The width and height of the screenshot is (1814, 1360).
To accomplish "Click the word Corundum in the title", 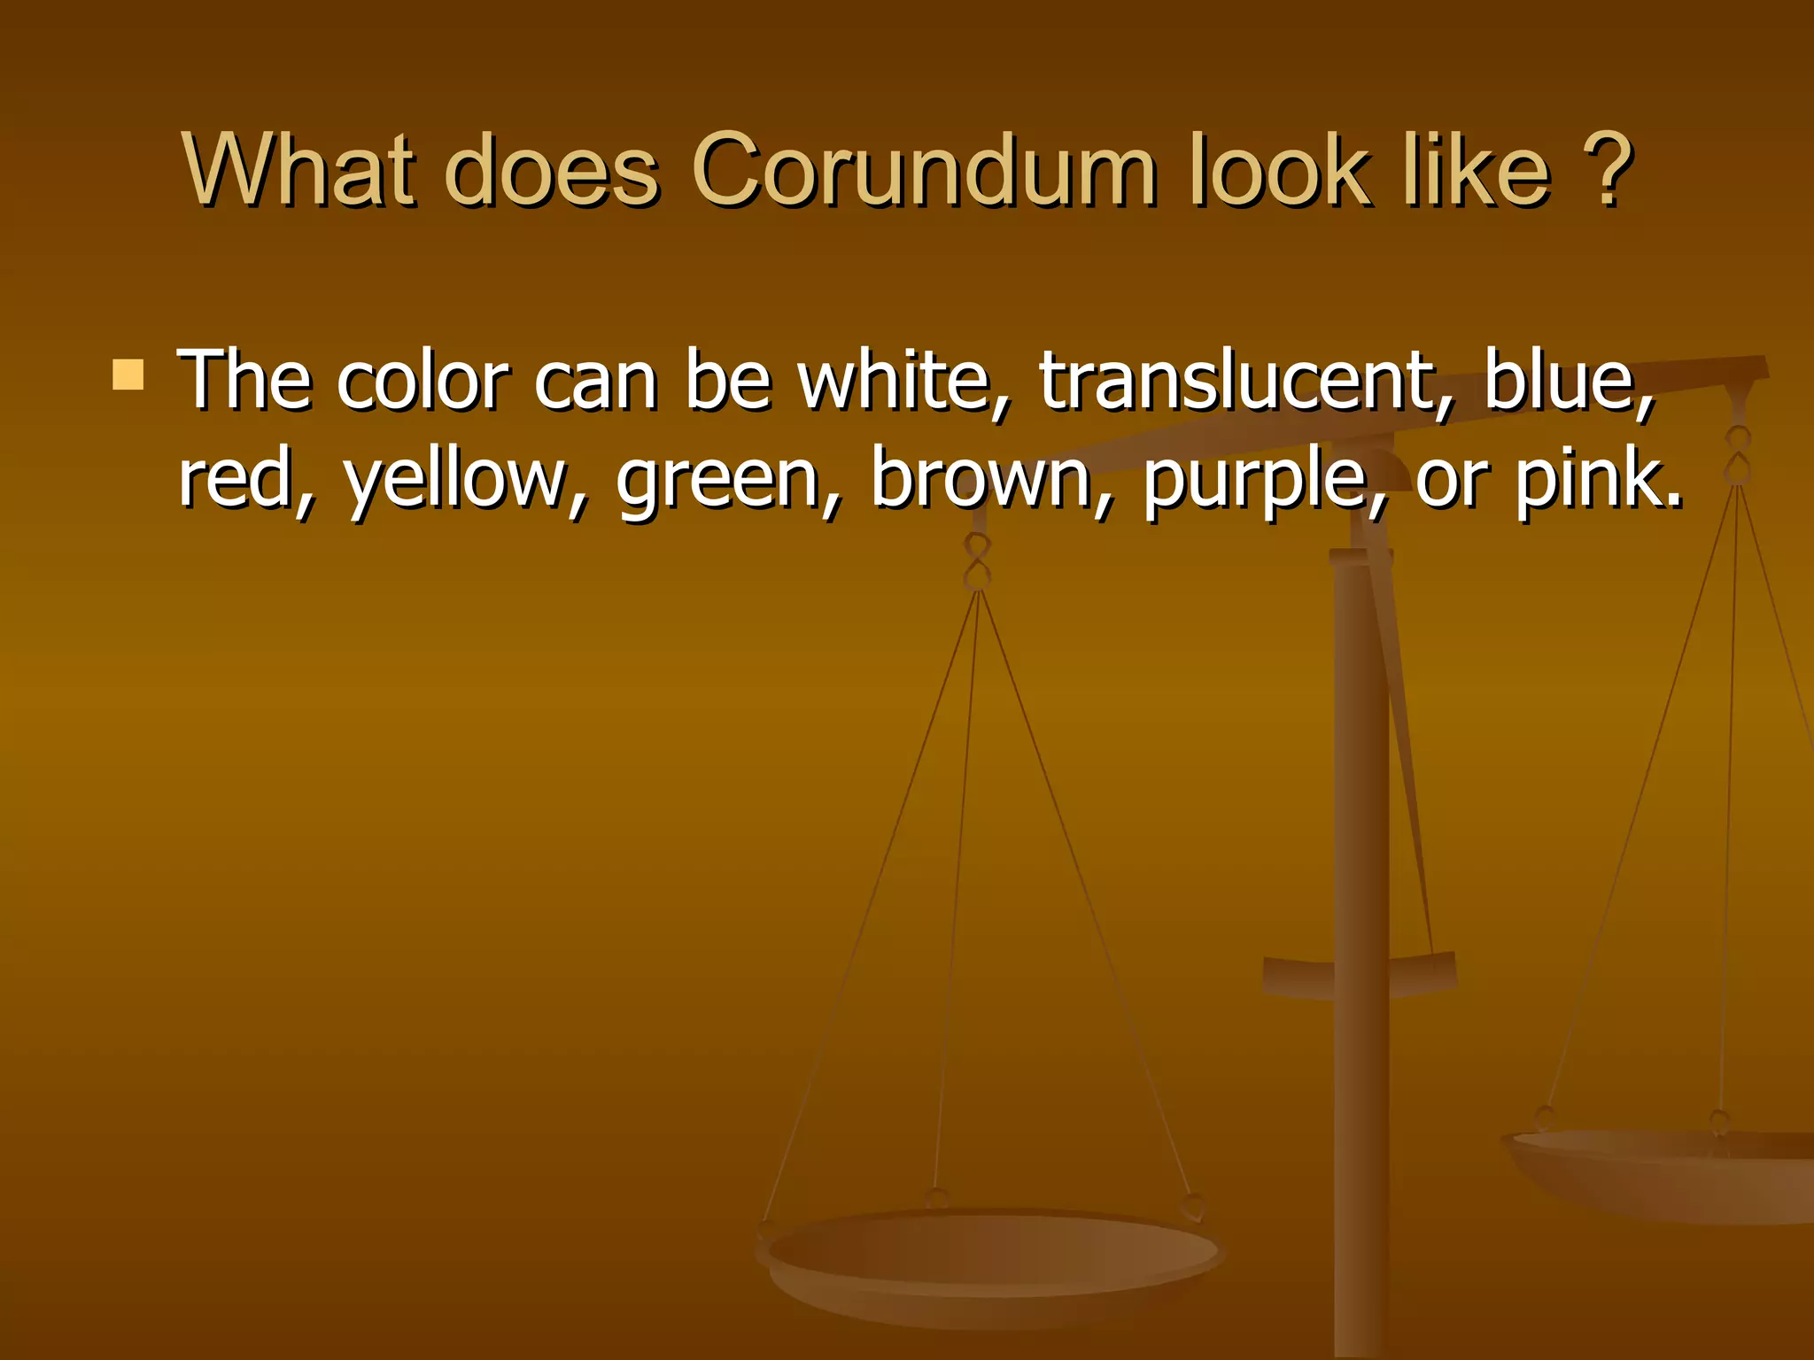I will click(x=923, y=170).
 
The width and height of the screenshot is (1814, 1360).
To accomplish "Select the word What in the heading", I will click(x=298, y=170).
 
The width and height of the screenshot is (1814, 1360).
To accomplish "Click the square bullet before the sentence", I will click(x=128, y=375).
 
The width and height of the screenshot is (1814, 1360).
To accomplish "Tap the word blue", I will click(x=1568, y=381).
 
